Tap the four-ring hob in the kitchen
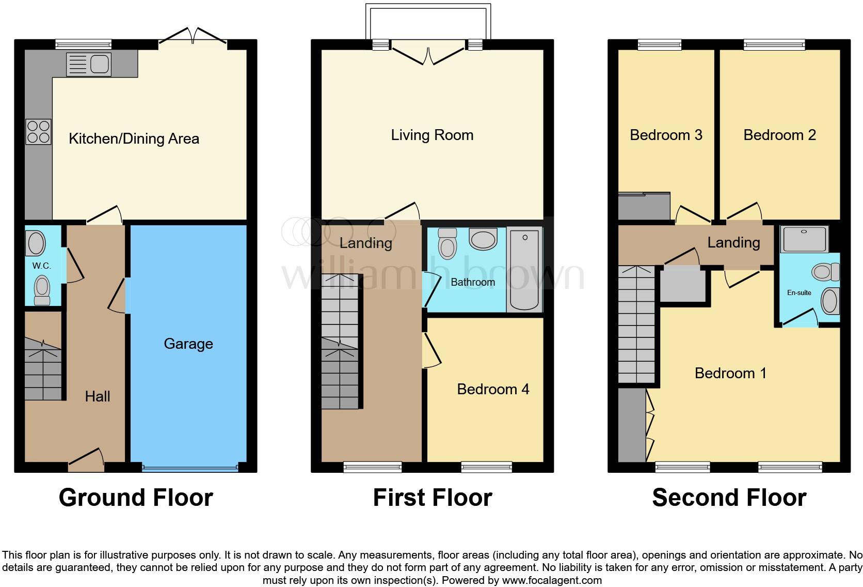(39, 131)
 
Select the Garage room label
(188, 344)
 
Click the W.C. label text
(41, 266)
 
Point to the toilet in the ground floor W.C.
(42, 289)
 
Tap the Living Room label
(432, 135)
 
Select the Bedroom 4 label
(493, 389)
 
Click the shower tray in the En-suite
(804, 239)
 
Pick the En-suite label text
(799, 292)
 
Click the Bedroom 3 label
(666, 135)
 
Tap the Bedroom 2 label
(779, 135)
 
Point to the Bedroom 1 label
(730, 373)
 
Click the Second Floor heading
(729, 498)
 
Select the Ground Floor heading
(136, 498)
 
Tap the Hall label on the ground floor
(98, 396)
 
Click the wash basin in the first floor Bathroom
(483, 239)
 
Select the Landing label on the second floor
(733, 242)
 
